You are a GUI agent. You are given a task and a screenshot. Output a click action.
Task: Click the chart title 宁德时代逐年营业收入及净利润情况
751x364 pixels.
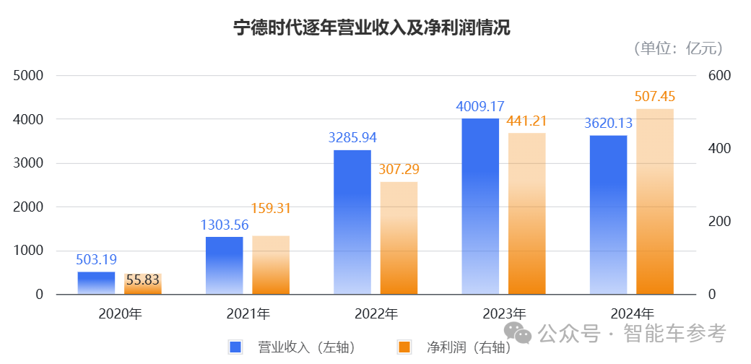(372, 28)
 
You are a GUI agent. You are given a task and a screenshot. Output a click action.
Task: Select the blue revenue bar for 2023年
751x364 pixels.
(480, 206)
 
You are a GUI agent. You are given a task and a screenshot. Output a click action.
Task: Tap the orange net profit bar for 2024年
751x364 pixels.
(655, 201)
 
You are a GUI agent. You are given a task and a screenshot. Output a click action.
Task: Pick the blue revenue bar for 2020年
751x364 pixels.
(96, 283)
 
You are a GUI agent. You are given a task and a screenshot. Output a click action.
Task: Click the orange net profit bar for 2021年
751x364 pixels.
(271, 265)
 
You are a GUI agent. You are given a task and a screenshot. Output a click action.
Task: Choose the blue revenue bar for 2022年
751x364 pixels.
(352, 222)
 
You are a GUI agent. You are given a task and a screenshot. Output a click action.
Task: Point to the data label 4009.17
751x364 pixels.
(480, 106)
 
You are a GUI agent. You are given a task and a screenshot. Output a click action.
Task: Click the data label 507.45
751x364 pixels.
(655, 96)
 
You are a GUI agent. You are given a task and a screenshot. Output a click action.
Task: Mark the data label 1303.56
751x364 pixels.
(225, 225)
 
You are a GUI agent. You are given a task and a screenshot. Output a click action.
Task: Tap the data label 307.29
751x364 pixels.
(399, 170)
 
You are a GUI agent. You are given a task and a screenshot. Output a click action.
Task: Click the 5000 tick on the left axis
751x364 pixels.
(30, 76)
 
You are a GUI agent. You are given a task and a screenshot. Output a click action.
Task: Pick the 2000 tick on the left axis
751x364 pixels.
(30, 207)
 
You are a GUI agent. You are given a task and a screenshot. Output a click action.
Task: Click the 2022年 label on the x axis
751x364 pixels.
(376, 314)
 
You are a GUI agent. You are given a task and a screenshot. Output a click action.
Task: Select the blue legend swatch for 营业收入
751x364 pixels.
(235, 347)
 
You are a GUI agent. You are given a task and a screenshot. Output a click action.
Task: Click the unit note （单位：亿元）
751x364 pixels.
(678, 49)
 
